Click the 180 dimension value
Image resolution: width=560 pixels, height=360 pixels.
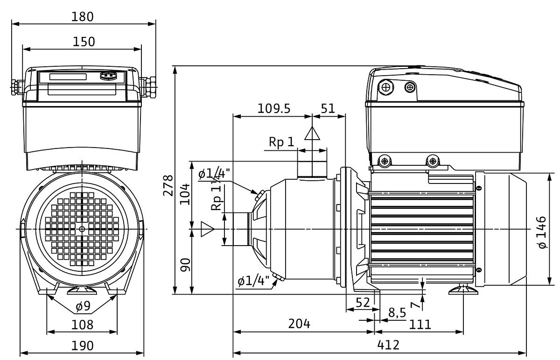(84, 16)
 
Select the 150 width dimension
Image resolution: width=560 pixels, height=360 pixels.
(84, 42)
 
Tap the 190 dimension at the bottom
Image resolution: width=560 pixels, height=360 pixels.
(83, 346)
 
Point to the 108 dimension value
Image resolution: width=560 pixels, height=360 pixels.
(83, 325)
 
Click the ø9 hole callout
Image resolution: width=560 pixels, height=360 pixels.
(83, 307)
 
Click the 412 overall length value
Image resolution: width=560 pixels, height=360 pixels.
(388, 346)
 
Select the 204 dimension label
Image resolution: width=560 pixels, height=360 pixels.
(299, 324)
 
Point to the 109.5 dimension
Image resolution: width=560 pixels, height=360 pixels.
(274, 108)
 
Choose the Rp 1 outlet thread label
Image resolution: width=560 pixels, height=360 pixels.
(281, 142)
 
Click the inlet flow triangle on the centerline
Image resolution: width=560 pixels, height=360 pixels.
(207, 229)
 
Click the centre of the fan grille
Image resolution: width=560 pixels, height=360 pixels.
(82, 228)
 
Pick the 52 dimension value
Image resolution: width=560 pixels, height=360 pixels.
(362, 302)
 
